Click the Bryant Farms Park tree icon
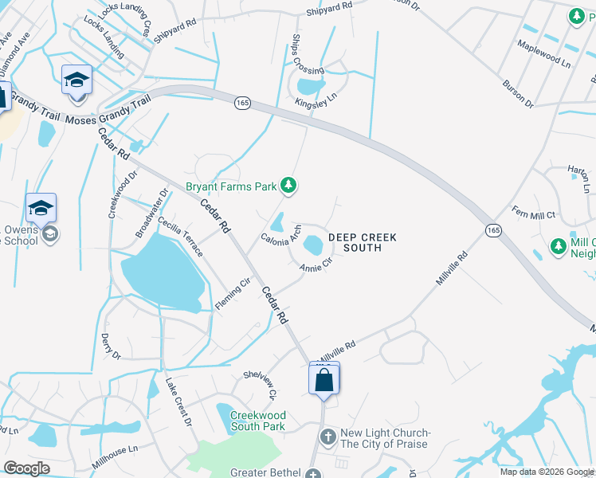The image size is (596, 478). point(289,186)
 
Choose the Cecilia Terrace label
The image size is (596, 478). point(180,237)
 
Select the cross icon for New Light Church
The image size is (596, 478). point(327,437)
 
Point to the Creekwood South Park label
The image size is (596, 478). point(257,421)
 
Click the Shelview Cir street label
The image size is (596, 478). point(260,384)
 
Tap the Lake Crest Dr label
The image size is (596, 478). point(178,402)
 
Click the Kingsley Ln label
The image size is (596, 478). point(316,100)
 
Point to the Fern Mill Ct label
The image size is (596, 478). point(533,212)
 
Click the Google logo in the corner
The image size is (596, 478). point(26,468)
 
